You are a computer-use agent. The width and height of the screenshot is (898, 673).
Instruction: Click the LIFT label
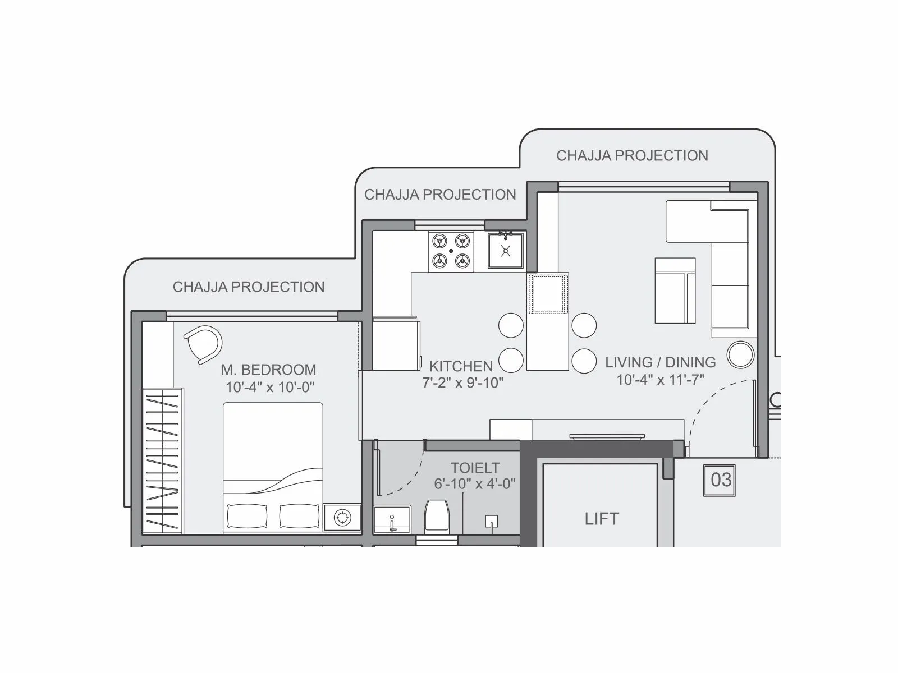pyautogui.click(x=602, y=519)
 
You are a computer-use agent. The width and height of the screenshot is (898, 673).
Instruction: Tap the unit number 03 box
pyautogui.click(x=721, y=480)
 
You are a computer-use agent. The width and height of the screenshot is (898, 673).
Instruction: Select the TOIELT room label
pyautogui.click(x=475, y=468)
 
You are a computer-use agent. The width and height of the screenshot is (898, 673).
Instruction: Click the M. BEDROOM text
pyautogui.click(x=268, y=370)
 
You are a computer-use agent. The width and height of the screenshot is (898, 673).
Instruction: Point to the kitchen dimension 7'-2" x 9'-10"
pyautogui.click(x=462, y=383)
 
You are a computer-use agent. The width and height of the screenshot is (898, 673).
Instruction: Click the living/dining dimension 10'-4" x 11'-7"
pyautogui.click(x=660, y=380)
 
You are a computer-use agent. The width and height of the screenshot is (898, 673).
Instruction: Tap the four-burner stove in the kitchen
pyautogui.click(x=451, y=251)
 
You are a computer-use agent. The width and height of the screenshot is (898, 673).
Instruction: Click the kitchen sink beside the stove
pyautogui.click(x=506, y=251)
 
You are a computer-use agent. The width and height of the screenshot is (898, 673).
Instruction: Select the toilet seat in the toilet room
pyautogui.click(x=437, y=515)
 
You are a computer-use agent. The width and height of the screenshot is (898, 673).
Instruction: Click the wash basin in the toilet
pyautogui.click(x=392, y=519)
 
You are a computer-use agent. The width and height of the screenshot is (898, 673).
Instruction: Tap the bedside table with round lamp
pyautogui.click(x=342, y=518)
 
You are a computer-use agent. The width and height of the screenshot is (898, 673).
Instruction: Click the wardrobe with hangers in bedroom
pyautogui.click(x=163, y=460)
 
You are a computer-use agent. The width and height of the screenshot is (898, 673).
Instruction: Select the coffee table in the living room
pyautogui.click(x=675, y=291)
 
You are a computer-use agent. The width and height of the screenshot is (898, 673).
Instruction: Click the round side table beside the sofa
pyautogui.click(x=740, y=354)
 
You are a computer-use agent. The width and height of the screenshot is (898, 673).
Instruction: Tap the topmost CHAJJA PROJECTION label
pyautogui.click(x=632, y=155)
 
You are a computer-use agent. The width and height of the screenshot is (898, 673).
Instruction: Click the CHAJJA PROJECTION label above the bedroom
pyautogui.click(x=249, y=287)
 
